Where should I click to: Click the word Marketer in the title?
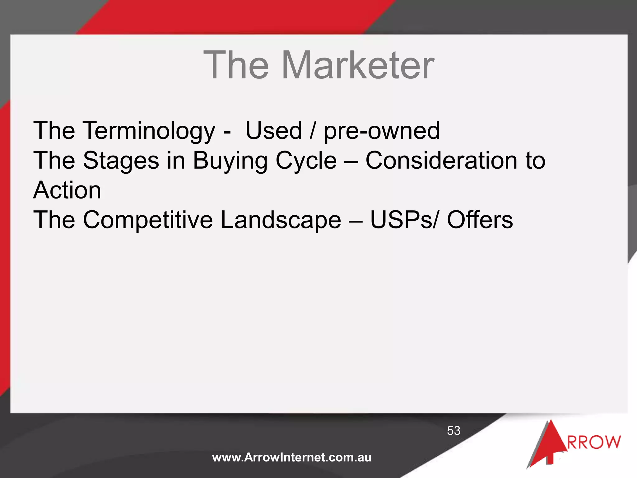pos(358,65)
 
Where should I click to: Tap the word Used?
pos(274,131)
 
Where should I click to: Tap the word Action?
pos(67,190)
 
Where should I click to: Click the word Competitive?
pos(148,220)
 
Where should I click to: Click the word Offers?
pos(480,220)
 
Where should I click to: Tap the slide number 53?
pos(453,431)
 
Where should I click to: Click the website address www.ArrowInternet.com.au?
pos(292,457)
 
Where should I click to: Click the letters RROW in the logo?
pos(594,442)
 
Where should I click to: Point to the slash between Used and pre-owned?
pos(313,131)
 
